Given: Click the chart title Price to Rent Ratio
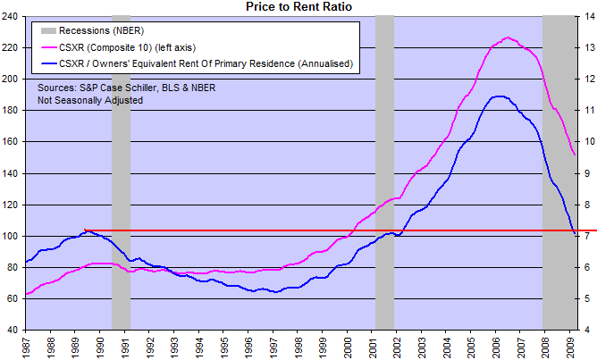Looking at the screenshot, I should point(298,7).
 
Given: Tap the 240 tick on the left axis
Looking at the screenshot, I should point(13,17).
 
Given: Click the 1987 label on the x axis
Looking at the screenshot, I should point(28,345).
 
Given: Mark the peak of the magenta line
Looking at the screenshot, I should point(507,38).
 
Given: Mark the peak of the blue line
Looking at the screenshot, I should point(497,96).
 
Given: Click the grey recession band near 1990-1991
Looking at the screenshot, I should point(121,179).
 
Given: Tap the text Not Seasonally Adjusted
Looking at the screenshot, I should point(91,100).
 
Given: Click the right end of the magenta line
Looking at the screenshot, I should point(572,155).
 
